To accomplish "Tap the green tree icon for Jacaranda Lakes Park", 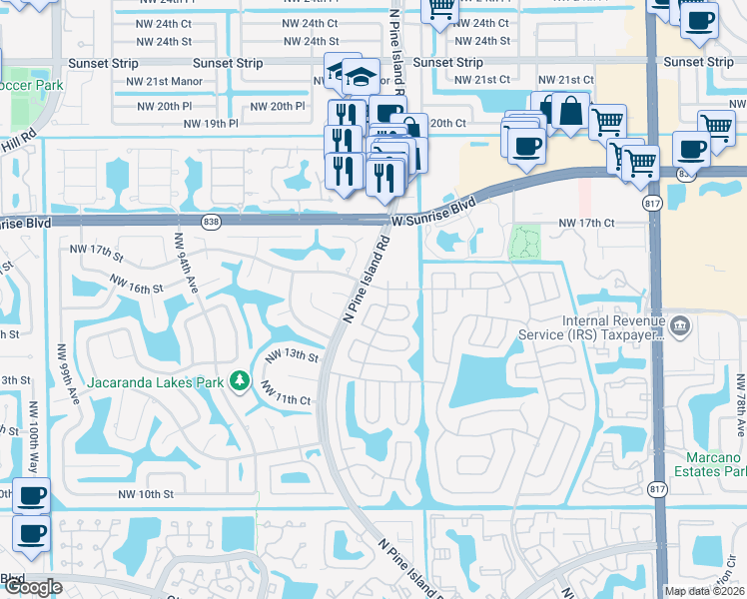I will pos(239,380).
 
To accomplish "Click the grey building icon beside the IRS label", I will pos(679,324).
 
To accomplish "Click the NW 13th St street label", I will pos(291,356).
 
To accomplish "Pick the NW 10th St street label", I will pos(148,494).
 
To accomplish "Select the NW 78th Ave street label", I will pos(740,404).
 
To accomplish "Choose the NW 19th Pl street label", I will pos(213,124).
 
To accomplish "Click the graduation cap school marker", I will pos(360,75).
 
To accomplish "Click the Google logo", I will pos(32,587).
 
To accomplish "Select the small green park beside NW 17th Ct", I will pos(524,241).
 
